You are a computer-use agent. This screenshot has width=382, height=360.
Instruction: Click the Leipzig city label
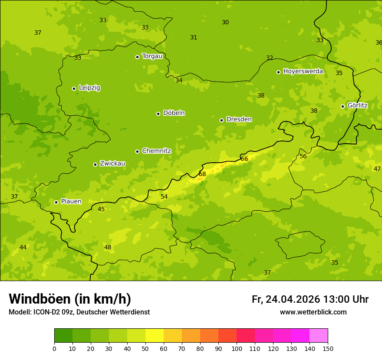89,88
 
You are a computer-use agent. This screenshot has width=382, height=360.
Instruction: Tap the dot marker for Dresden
221,120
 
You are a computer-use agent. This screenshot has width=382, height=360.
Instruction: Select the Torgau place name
152,56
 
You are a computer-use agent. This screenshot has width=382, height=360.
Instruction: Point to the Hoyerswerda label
303,72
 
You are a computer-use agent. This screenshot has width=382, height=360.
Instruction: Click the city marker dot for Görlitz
342,106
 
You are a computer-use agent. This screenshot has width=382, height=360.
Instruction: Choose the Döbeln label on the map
174,113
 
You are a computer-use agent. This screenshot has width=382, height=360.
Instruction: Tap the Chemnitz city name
156,151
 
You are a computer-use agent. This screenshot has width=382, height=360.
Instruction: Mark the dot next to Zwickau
95,164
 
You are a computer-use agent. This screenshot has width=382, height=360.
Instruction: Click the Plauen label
71,202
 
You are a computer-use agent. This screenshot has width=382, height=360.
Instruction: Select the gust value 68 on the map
202,174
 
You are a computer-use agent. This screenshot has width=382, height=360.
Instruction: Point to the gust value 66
244,159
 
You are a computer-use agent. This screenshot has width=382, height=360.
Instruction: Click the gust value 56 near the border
303,157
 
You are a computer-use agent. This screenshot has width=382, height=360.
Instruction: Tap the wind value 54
164,197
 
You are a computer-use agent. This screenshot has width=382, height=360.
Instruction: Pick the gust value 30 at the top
225,23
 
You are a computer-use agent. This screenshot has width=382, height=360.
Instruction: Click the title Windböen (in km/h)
70,299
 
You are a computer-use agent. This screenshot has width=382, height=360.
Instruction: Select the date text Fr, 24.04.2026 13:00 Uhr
310,299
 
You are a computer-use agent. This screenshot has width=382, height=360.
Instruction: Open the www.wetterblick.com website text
313,312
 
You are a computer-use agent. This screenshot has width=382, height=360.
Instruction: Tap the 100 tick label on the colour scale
237,348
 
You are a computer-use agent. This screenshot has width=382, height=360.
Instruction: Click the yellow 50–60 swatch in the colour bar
155,336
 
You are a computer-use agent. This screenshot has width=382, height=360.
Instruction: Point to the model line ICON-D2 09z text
79,312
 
